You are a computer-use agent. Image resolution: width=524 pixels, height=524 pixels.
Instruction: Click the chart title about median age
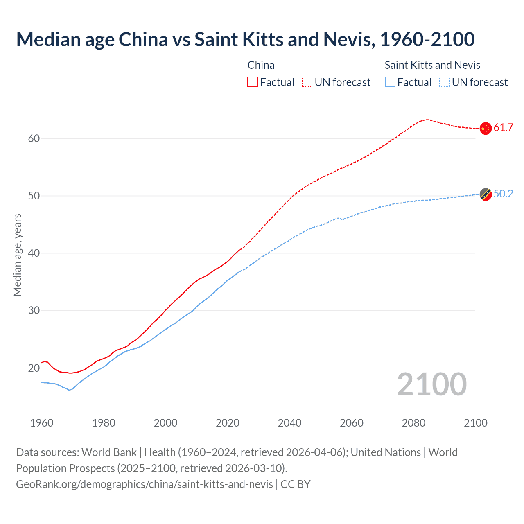pos(245,39)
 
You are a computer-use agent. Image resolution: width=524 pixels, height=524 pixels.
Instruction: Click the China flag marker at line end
pos(485,128)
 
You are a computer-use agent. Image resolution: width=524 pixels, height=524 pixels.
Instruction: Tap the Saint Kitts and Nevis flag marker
pos(485,194)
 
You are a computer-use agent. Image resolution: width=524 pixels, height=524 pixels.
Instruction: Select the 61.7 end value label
pos(503,127)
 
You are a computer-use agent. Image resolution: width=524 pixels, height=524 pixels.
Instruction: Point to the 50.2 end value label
pos(503,194)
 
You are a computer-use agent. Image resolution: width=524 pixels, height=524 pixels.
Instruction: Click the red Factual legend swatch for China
pos(253,82)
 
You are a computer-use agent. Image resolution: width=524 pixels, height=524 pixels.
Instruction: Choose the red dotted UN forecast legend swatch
pos(307,82)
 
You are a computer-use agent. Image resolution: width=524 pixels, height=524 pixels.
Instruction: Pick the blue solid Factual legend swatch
pos(390,82)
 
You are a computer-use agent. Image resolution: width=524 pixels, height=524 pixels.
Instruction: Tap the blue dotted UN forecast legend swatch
pos(445,82)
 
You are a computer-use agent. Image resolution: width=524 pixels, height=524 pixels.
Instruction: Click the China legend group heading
pos(261,65)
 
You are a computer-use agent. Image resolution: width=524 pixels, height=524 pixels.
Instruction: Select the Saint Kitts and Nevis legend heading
pos(432,65)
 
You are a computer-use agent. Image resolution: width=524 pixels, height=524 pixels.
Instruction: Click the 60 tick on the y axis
pos(34,138)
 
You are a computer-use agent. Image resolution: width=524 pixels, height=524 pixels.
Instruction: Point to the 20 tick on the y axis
pos(34,368)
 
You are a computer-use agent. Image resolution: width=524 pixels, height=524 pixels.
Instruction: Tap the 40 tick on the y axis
pos(34,253)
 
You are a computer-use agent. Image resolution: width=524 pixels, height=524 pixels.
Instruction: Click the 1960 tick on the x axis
pos(42,423)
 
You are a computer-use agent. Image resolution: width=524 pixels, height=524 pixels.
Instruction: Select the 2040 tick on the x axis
pos(289,423)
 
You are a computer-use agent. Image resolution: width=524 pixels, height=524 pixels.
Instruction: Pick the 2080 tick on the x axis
pos(413,423)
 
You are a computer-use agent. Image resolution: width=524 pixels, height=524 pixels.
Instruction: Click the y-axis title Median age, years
pos(17,255)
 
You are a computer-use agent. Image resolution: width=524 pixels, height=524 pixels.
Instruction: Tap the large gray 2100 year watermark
pos(432,384)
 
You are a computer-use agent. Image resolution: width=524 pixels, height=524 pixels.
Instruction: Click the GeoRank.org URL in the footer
pos(144,484)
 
